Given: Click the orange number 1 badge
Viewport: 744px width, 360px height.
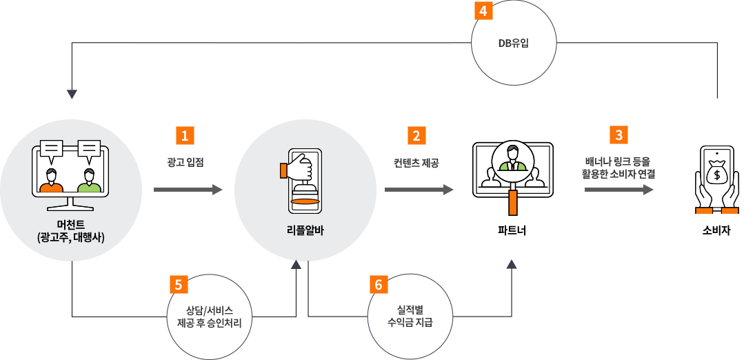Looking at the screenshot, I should (x=184, y=135).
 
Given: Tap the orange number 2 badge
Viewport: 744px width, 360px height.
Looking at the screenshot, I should (x=416, y=135).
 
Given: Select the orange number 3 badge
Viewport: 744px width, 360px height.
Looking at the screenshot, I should (x=619, y=134).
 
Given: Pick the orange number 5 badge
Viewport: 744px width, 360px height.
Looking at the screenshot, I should (x=179, y=284).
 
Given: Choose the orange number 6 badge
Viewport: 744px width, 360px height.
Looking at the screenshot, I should (x=379, y=284).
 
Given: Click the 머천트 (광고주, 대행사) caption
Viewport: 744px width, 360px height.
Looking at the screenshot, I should (x=71, y=232).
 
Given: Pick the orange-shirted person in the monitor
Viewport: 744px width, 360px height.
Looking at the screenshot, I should (x=52, y=181).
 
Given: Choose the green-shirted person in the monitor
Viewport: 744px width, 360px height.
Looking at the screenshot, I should (x=89, y=181).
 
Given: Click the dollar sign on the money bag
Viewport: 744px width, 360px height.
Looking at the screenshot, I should (x=717, y=175).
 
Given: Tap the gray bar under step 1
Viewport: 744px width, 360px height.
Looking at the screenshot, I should (x=188, y=189).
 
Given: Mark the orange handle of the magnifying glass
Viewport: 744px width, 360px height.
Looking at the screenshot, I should (x=513, y=203).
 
